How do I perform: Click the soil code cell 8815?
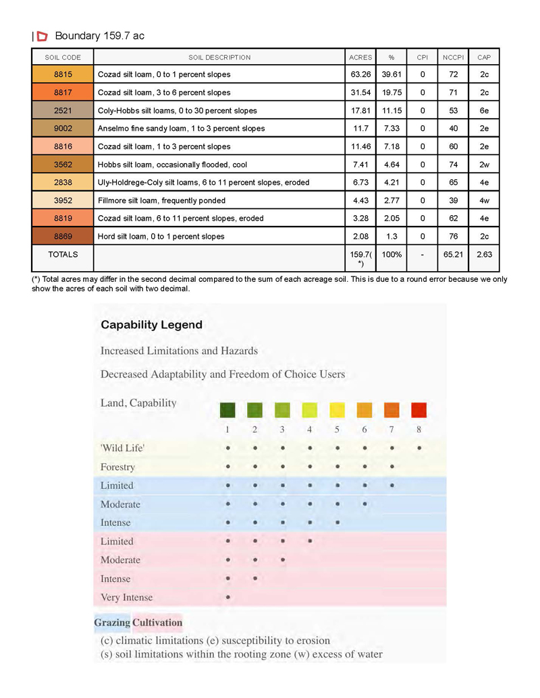pos(63,74)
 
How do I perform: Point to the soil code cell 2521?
pos(63,111)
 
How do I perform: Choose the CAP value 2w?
pos(484,165)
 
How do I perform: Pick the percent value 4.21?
pos(391,182)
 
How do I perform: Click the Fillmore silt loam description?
pos(162,200)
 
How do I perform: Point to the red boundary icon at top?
pos(42,36)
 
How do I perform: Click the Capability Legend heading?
pos(151,324)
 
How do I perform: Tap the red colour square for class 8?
pos(419,410)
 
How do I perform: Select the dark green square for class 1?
pos(228,410)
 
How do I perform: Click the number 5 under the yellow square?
pos(337,430)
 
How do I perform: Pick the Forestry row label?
pos(117,467)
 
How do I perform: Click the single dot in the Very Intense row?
pos(228,597)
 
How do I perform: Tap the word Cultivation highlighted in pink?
pos(157,622)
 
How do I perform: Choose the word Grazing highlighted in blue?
pos(112,622)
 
